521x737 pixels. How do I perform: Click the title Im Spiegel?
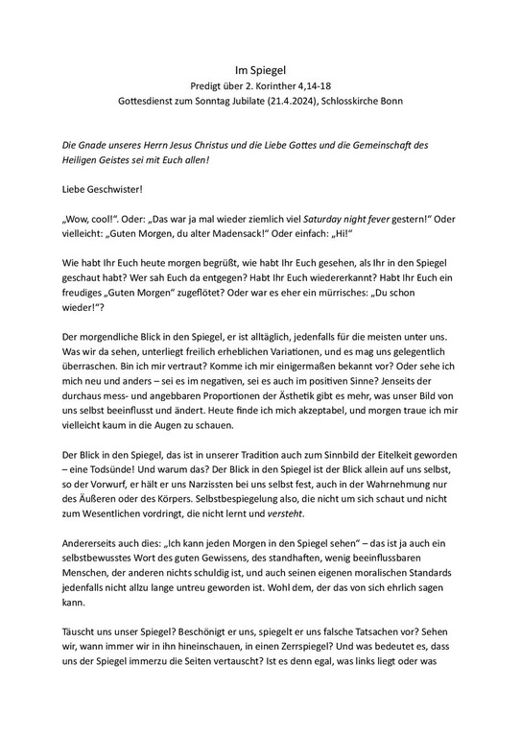pos(260,70)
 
